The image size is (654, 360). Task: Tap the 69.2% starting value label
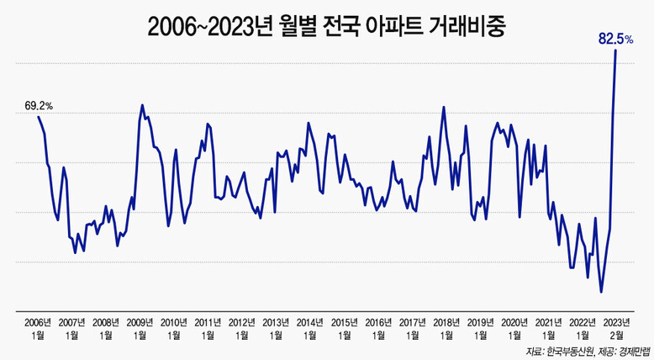click(x=39, y=106)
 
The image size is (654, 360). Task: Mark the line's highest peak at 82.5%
click(x=616, y=50)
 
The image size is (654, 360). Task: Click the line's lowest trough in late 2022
click(x=601, y=292)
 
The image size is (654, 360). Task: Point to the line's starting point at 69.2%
click(x=38, y=116)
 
